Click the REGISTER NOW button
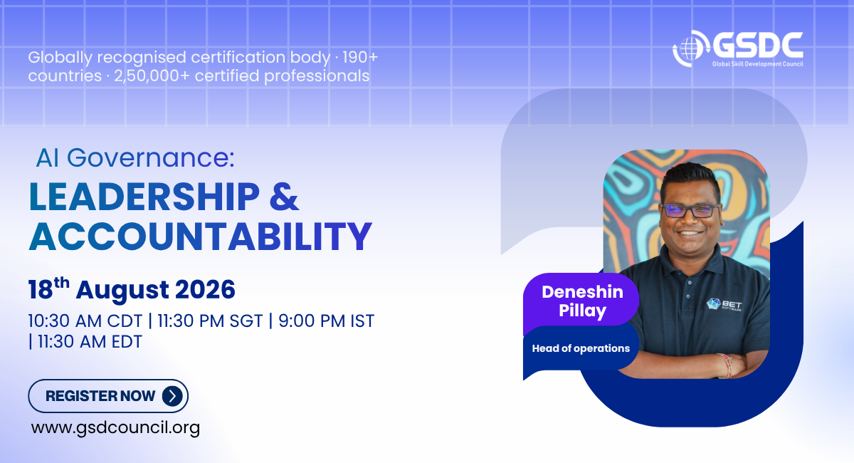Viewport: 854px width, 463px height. (108, 396)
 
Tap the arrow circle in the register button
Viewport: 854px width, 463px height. (172, 396)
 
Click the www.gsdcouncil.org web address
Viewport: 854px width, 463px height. (115, 428)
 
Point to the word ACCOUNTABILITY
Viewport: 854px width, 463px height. (201, 236)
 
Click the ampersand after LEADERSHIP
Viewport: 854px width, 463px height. (284, 197)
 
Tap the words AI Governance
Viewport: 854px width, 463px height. (135, 157)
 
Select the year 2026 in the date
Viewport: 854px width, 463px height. (205, 290)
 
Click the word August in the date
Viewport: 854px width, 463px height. (122, 291)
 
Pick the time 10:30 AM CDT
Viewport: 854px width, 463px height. (85, 321)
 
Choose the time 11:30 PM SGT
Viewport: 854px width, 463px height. (210, 321)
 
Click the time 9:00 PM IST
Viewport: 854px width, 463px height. (327, 321)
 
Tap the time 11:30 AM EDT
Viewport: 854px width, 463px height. (90, 342)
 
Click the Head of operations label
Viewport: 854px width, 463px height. (581, 348)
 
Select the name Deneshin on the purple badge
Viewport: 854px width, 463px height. (582, 292)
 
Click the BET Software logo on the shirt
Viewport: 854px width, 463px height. (724, 305)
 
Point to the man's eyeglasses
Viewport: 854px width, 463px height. (690, 210)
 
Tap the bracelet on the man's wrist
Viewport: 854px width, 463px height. (724, 365)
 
